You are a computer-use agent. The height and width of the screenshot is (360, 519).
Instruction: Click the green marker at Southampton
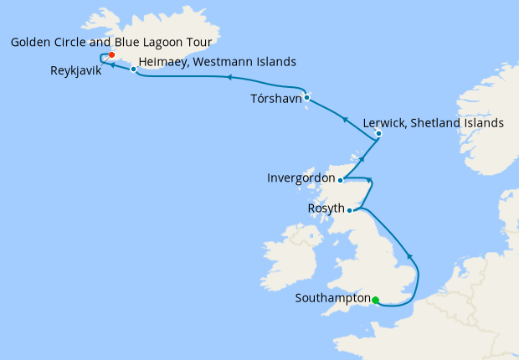[375, 300]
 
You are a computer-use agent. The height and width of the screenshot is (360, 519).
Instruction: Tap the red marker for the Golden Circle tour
[111, 56]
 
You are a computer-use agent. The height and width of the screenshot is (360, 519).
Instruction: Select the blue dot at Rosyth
[350, 210]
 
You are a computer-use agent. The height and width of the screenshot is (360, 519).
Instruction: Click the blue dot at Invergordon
[340, 179]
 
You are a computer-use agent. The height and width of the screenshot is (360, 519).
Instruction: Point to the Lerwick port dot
[378, 133]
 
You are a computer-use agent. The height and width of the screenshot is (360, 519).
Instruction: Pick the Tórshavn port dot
[307, 97]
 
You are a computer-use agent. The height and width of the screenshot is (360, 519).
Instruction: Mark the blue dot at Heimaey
[133, 69]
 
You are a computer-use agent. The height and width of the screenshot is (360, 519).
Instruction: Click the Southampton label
[332, 298]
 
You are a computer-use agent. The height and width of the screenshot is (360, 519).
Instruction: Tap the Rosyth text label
[326, 209]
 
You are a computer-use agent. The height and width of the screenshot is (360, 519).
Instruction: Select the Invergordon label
[301, 178]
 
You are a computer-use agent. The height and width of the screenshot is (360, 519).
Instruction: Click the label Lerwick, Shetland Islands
[434, 122]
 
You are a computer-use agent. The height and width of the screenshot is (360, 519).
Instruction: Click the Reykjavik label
[75, 72]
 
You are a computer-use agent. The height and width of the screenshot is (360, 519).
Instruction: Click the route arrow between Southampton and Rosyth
[409, 255]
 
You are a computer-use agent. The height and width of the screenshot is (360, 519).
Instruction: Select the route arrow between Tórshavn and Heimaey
[228, 78]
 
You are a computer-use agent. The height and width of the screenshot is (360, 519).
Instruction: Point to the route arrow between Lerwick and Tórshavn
[346, 120]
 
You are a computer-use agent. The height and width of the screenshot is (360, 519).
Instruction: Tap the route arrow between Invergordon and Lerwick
[362, 157]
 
